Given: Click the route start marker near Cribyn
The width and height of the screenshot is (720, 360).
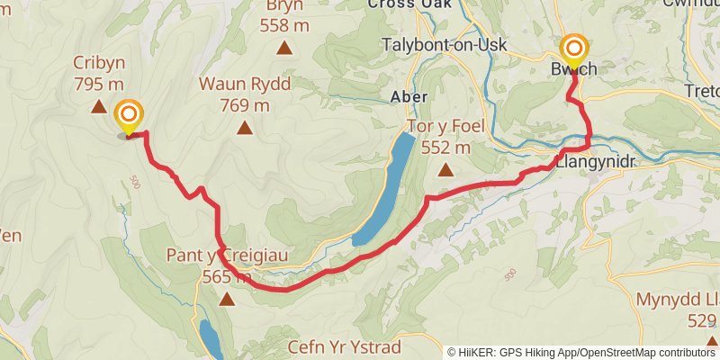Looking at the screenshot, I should point(130,115).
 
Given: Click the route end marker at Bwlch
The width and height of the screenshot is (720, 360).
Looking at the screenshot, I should point(574,49).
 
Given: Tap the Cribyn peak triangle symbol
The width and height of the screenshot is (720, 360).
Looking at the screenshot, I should point(98,107).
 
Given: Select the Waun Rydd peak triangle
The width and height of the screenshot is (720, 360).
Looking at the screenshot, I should point(244,128).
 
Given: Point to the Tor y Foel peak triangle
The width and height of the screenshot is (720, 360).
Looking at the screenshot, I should point(445,170).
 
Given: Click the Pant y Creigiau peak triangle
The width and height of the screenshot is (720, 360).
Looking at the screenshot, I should point(226,299).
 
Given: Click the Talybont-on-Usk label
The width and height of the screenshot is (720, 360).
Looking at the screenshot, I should point(445,45).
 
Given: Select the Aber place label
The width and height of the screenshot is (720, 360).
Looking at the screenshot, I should point(408,95).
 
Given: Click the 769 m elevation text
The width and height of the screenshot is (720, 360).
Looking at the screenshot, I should point(244,104).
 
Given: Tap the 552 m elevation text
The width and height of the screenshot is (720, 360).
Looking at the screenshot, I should point(445,148).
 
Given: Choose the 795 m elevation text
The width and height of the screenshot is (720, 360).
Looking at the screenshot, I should point(98,85).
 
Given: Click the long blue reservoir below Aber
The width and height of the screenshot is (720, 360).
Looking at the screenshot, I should point(385,189).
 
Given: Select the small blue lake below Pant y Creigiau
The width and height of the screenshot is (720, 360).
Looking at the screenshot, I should point(211,338).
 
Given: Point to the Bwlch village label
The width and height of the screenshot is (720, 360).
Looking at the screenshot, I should point(573,69).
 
